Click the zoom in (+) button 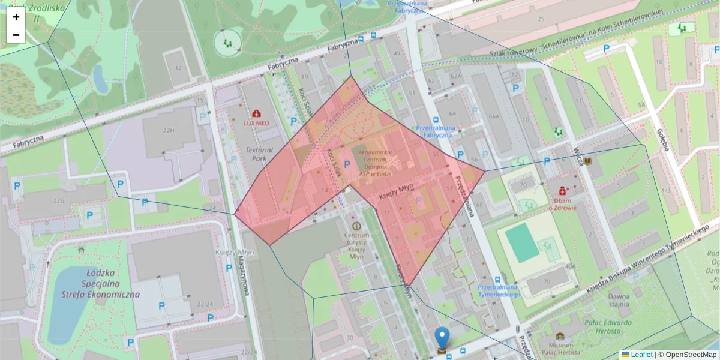pos(16,17)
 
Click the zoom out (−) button pos(16,35)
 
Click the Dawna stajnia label pos(619,300)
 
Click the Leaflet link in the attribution pos(641,355)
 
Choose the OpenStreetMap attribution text pos(690,355)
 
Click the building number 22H pos(167,130)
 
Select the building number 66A pos(494,116)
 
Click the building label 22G pos(58,200)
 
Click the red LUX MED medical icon pos(257,113)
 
